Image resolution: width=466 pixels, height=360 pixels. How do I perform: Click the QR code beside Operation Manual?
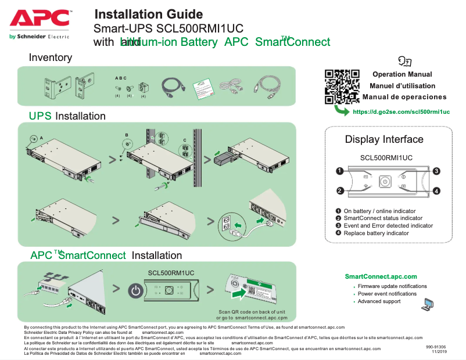[x=342, y=86]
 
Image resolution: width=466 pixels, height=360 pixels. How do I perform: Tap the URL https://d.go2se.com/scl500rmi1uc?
[x=402, y=111]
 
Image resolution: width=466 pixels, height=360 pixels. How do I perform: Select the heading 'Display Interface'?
[x=384, y=139]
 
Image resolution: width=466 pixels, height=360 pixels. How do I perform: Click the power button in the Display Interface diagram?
[x=384, y=182]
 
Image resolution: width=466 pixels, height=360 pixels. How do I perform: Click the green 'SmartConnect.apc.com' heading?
[x=381, y=276]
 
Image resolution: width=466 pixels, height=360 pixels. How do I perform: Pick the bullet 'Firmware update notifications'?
[x=392, y=286]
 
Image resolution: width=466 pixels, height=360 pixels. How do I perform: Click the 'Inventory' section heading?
[x=51, y=57]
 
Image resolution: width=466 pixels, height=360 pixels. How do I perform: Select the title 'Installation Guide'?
[x=148, y=15]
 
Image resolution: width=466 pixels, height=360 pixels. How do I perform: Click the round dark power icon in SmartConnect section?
[x=135, y=290]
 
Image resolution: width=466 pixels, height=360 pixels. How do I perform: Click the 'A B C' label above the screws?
[x=121, y=78]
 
